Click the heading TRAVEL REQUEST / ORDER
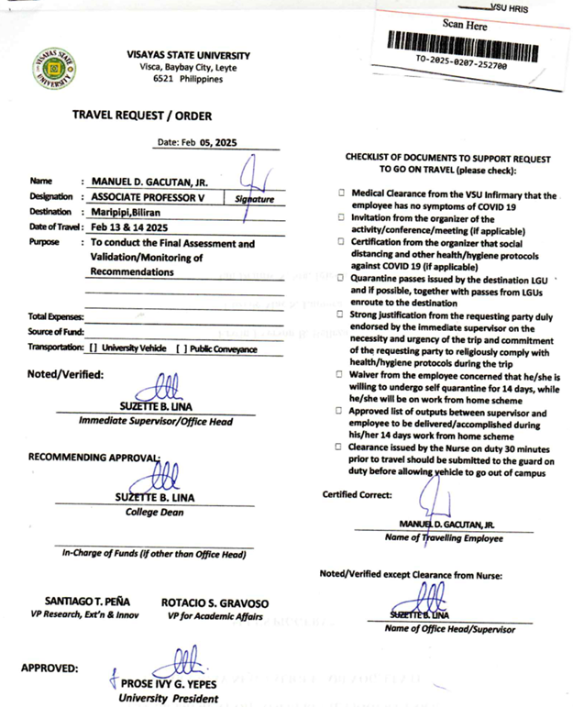click(x=142, y=116)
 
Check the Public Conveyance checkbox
click(x=182, y=348)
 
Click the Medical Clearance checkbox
click(x=341, y=194)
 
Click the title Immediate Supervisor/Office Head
click(x=156, y=421)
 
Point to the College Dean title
click(x=155, y=512)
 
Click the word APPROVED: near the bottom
click(x=50, y=668)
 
